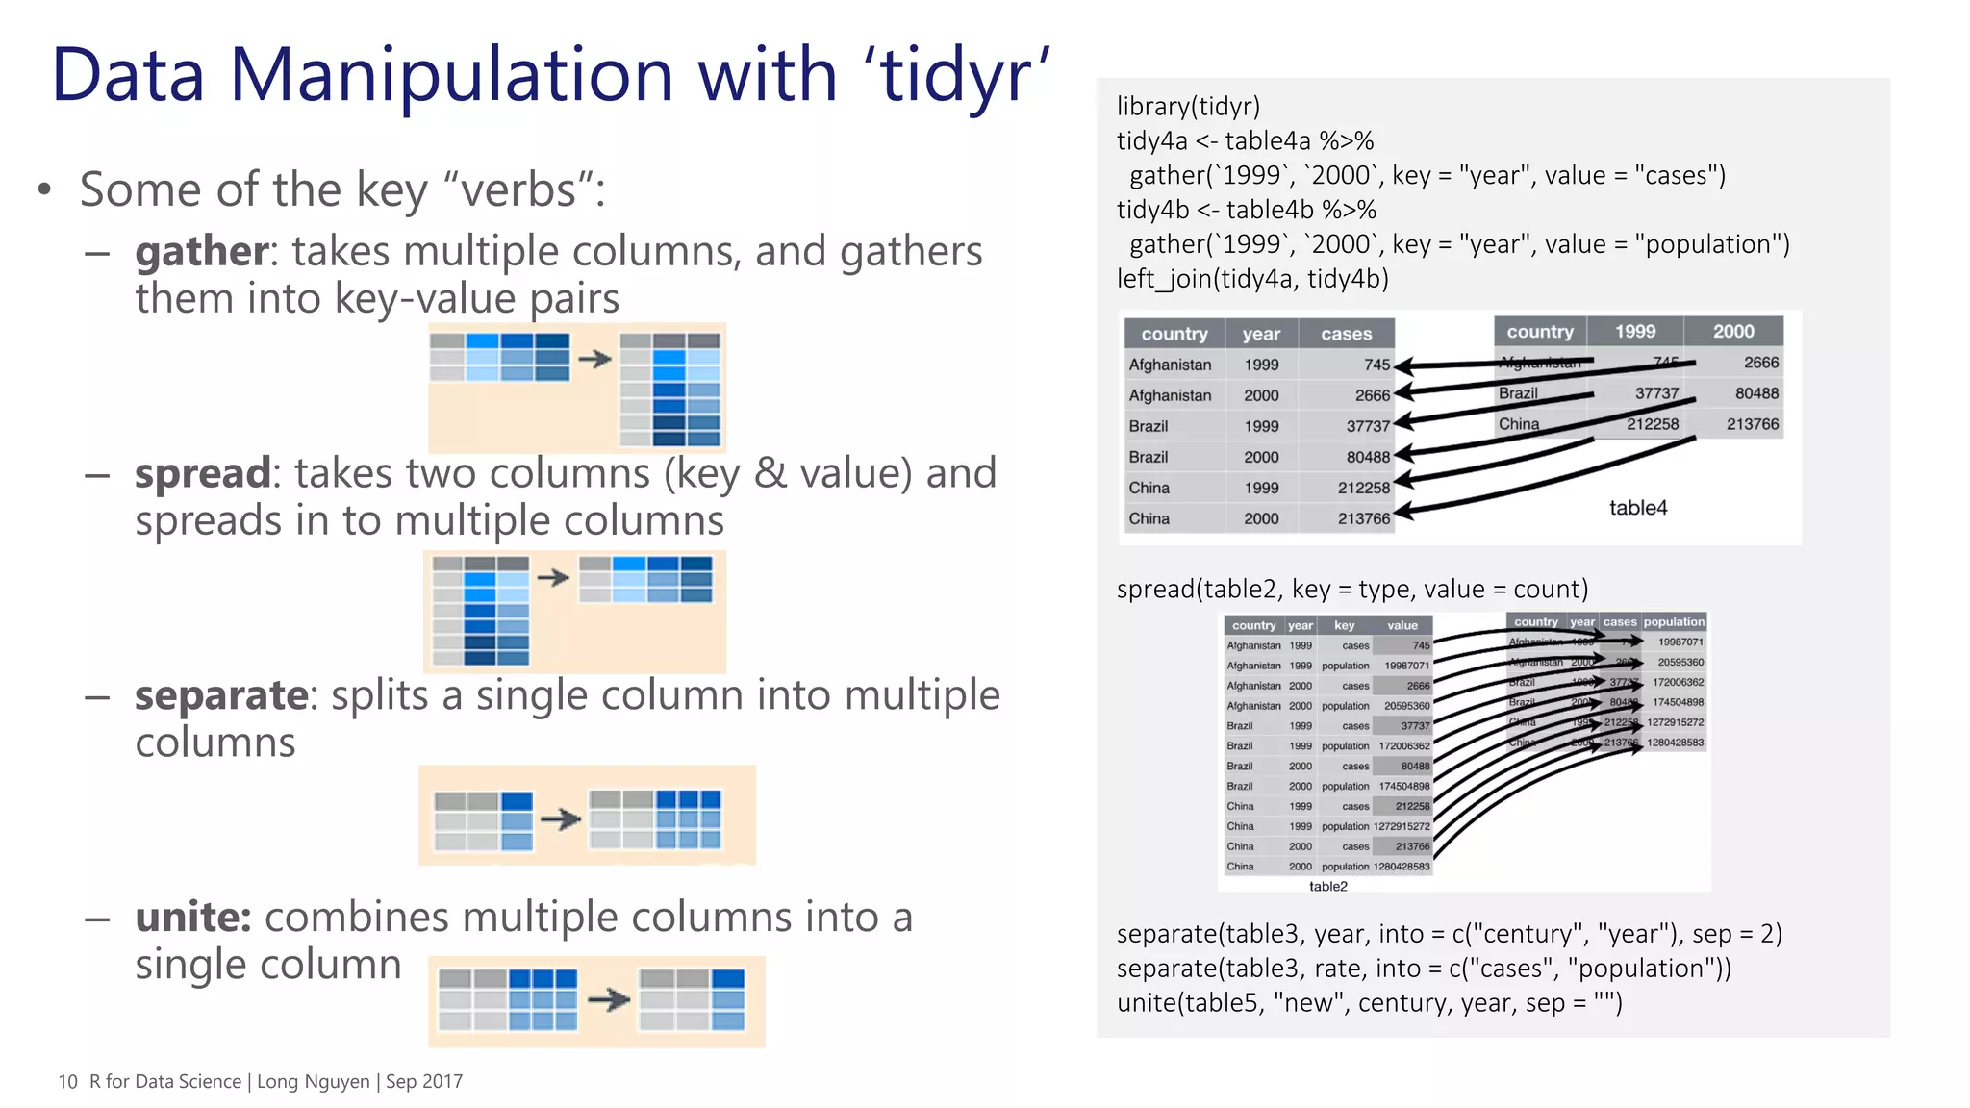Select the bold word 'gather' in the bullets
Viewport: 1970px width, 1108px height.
pos(202,252)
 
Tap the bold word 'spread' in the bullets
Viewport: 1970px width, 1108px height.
pos(202,474)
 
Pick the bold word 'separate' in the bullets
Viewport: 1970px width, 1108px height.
pos(221,695)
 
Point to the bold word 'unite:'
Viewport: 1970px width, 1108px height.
pos(192,918)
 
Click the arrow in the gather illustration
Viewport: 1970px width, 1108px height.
pos(595,359)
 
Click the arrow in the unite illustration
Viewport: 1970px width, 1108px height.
pos(608,1000)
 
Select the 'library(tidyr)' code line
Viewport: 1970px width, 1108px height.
pos(1188,107)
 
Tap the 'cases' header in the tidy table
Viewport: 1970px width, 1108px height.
pos(1346,334)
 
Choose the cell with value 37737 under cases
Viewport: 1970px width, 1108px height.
pos(1367,426)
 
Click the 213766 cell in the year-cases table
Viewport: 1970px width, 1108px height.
pos(1363,518)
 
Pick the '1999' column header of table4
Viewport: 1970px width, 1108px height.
pos(1634,331)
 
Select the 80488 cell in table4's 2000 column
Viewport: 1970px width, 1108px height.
pos(1755,393)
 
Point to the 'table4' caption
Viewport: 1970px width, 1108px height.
pos(1637,508)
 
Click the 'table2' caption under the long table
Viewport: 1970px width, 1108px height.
pos(1327,887)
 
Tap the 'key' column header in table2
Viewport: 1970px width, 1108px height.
pos(1344,625)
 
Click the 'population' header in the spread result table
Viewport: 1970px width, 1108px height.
pos(1674,622)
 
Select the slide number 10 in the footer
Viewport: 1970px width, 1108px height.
pos(67,1081)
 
